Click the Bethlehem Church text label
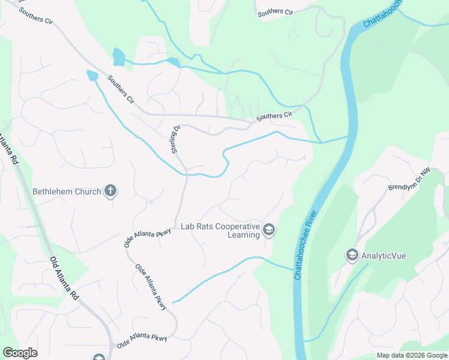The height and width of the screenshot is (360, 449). pyautogui.click(x=66, y=192)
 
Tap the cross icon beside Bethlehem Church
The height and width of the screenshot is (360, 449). pyautogui.click(x=110, y=191)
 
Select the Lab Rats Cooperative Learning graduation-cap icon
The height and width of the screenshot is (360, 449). pyautogui.click(x=269, y=229)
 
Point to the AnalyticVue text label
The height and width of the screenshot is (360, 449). pyautogui.click(x=384, y=256)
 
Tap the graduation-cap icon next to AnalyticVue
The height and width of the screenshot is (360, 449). pyautogui.click(x=351, y=256)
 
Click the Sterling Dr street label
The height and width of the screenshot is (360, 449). pyautogui.click(x=176, y=139)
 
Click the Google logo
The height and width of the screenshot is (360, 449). pyautogui.click(x=20, y=353)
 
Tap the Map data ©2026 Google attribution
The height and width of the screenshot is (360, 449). pyautogui.click(x=411, y=355)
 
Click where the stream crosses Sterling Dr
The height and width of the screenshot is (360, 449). pyautogui.click(x=187, y=173)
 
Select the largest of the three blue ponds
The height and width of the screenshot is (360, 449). pyautogui.click(x=119, y=57)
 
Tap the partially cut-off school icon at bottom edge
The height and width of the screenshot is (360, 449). pyautogui.click(x=99, y=358)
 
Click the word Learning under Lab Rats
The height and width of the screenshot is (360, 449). pyautogui.click(x=243, y=235)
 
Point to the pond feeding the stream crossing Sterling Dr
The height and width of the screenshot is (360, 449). pyautogui.click(x=92, y=75)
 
